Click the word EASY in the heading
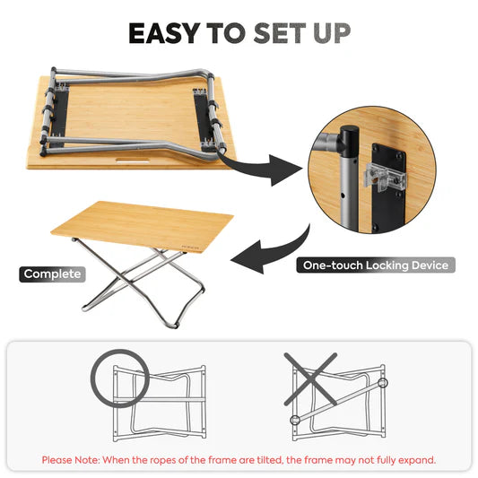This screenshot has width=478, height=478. pos(164,33)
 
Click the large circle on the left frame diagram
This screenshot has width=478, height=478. pos(118,377)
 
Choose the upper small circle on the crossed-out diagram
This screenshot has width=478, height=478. pos(383,382)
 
